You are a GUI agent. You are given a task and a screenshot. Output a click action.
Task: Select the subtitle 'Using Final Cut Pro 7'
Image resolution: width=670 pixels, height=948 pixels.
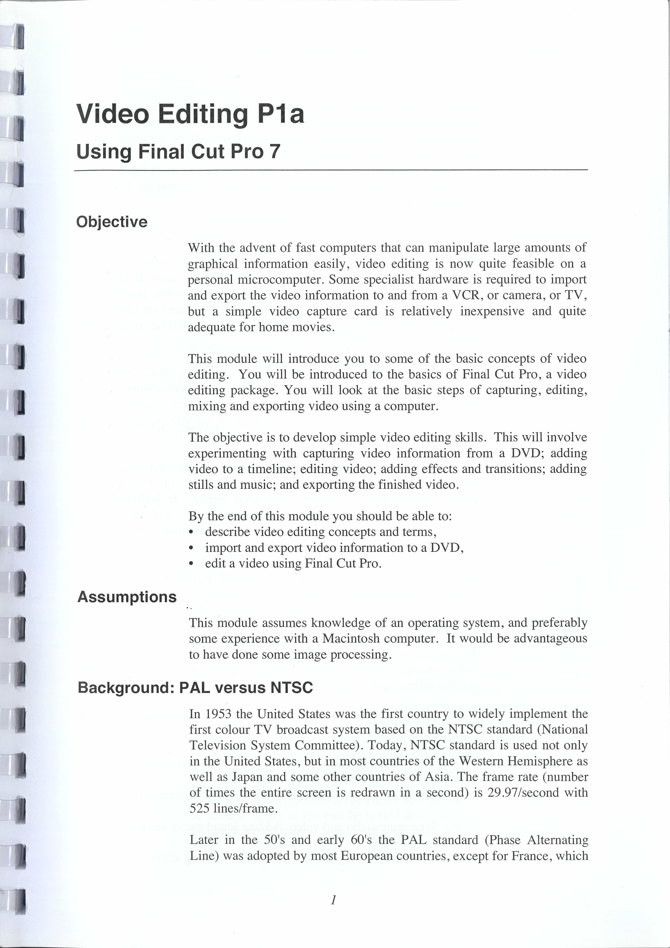coord(178,152)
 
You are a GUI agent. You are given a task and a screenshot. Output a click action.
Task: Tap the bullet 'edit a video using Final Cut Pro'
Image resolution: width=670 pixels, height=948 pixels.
coord(293,564)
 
